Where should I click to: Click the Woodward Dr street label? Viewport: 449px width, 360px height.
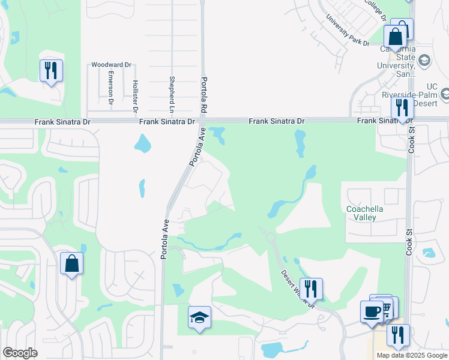pos(111,65)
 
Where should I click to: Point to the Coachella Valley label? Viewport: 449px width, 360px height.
pos(365,213)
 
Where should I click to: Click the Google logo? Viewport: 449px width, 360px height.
pos(20,353)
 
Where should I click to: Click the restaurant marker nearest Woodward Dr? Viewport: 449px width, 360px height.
pos(50,70)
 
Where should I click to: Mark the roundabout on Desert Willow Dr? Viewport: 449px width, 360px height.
pos(271,238)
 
